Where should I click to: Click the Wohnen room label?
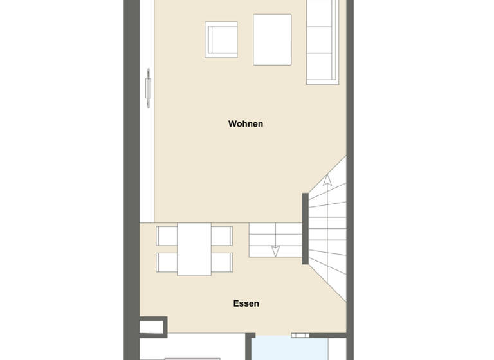(246, 123)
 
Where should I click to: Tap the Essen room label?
(246, 303)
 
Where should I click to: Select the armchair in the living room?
(221, 40)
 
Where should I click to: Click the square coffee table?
(272, 40)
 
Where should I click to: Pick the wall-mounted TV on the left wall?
(148, 87)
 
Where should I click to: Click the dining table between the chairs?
(194, 249)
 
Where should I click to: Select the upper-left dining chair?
(166, 236)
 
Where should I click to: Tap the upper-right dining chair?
(222, 236)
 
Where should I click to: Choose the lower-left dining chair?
(166, 262)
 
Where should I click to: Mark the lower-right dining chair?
(222, 262)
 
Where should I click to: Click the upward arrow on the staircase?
(327, 181)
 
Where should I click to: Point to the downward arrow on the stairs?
(275, 249)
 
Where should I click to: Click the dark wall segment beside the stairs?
(305, 228)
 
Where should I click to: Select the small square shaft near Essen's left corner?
(152, 327)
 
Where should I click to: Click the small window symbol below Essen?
(300, 335)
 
